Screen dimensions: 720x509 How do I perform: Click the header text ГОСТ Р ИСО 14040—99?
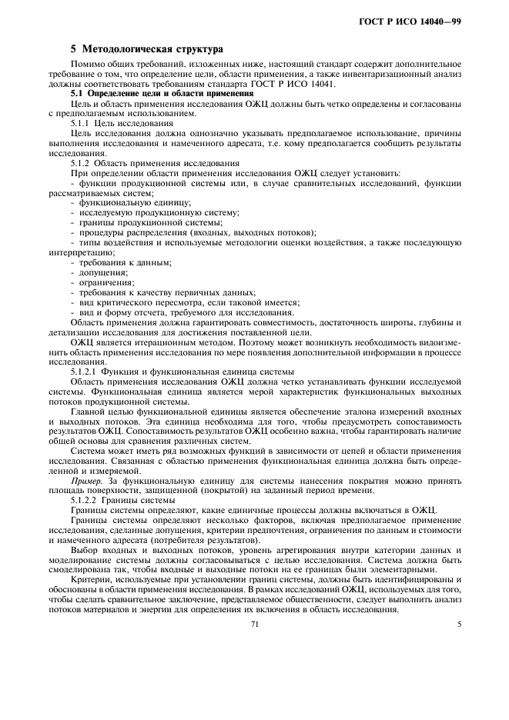(420, 21)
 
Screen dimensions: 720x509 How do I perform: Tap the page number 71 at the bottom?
(254, 624)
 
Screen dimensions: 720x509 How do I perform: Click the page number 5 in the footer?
(460, 624)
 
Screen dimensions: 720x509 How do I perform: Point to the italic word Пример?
(85, 481)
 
